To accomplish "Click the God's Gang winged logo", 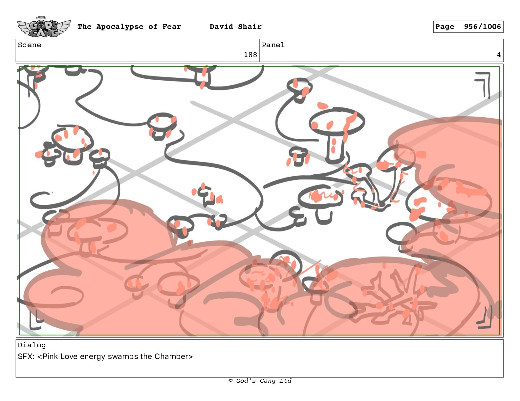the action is [44, 27].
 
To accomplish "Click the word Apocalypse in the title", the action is [120, 27].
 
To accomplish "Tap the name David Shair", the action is [235, 27].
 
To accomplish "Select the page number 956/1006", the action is [482, 27].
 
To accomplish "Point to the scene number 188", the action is [250, 55].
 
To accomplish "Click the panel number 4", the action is [499, 55].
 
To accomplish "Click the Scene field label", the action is [30, 45].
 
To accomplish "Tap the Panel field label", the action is [273, 45].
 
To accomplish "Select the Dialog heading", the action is [32, 345].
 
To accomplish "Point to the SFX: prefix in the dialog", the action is [26, 356].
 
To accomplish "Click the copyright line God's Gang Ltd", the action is [260, 381].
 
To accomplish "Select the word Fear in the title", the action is [172, 27].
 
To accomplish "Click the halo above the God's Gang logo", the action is [41, 17].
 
